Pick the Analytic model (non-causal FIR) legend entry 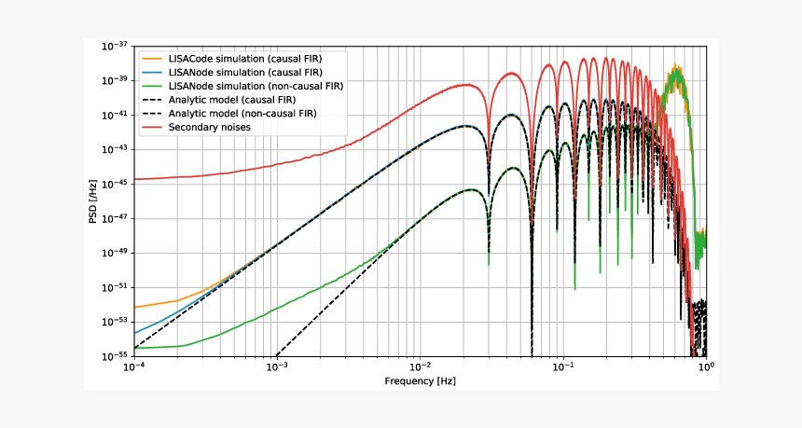coord(242,113)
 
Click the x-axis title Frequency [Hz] coord(421,381)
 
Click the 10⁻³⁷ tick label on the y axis coord(115,46)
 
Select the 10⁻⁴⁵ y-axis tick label coord(115,184)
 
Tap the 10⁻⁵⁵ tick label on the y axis coord(115,355)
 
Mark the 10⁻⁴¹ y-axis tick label coord(115,115)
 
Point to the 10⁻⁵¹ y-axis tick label coord(115,286)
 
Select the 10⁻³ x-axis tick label coord(277,367)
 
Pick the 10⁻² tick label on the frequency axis coord(421,367)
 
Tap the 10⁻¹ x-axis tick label coord(563,367)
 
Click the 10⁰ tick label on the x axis coord(706,367)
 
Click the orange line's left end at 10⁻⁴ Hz coord(135,307)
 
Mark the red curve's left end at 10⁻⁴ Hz coord(135,179)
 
